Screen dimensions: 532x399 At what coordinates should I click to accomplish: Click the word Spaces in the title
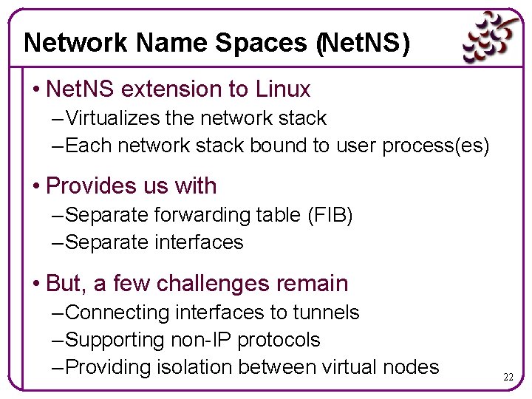click(x=261, y=44)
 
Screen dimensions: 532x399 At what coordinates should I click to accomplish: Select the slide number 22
click(x=508, y=377)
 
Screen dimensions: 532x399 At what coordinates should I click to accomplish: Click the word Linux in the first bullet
click(x=283, y=89)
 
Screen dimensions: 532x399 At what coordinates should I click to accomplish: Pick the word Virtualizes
click(x=115, y=118)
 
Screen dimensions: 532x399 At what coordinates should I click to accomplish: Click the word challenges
click(x=221, y=283)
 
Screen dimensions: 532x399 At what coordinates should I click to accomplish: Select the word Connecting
click(x=117, y=313)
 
